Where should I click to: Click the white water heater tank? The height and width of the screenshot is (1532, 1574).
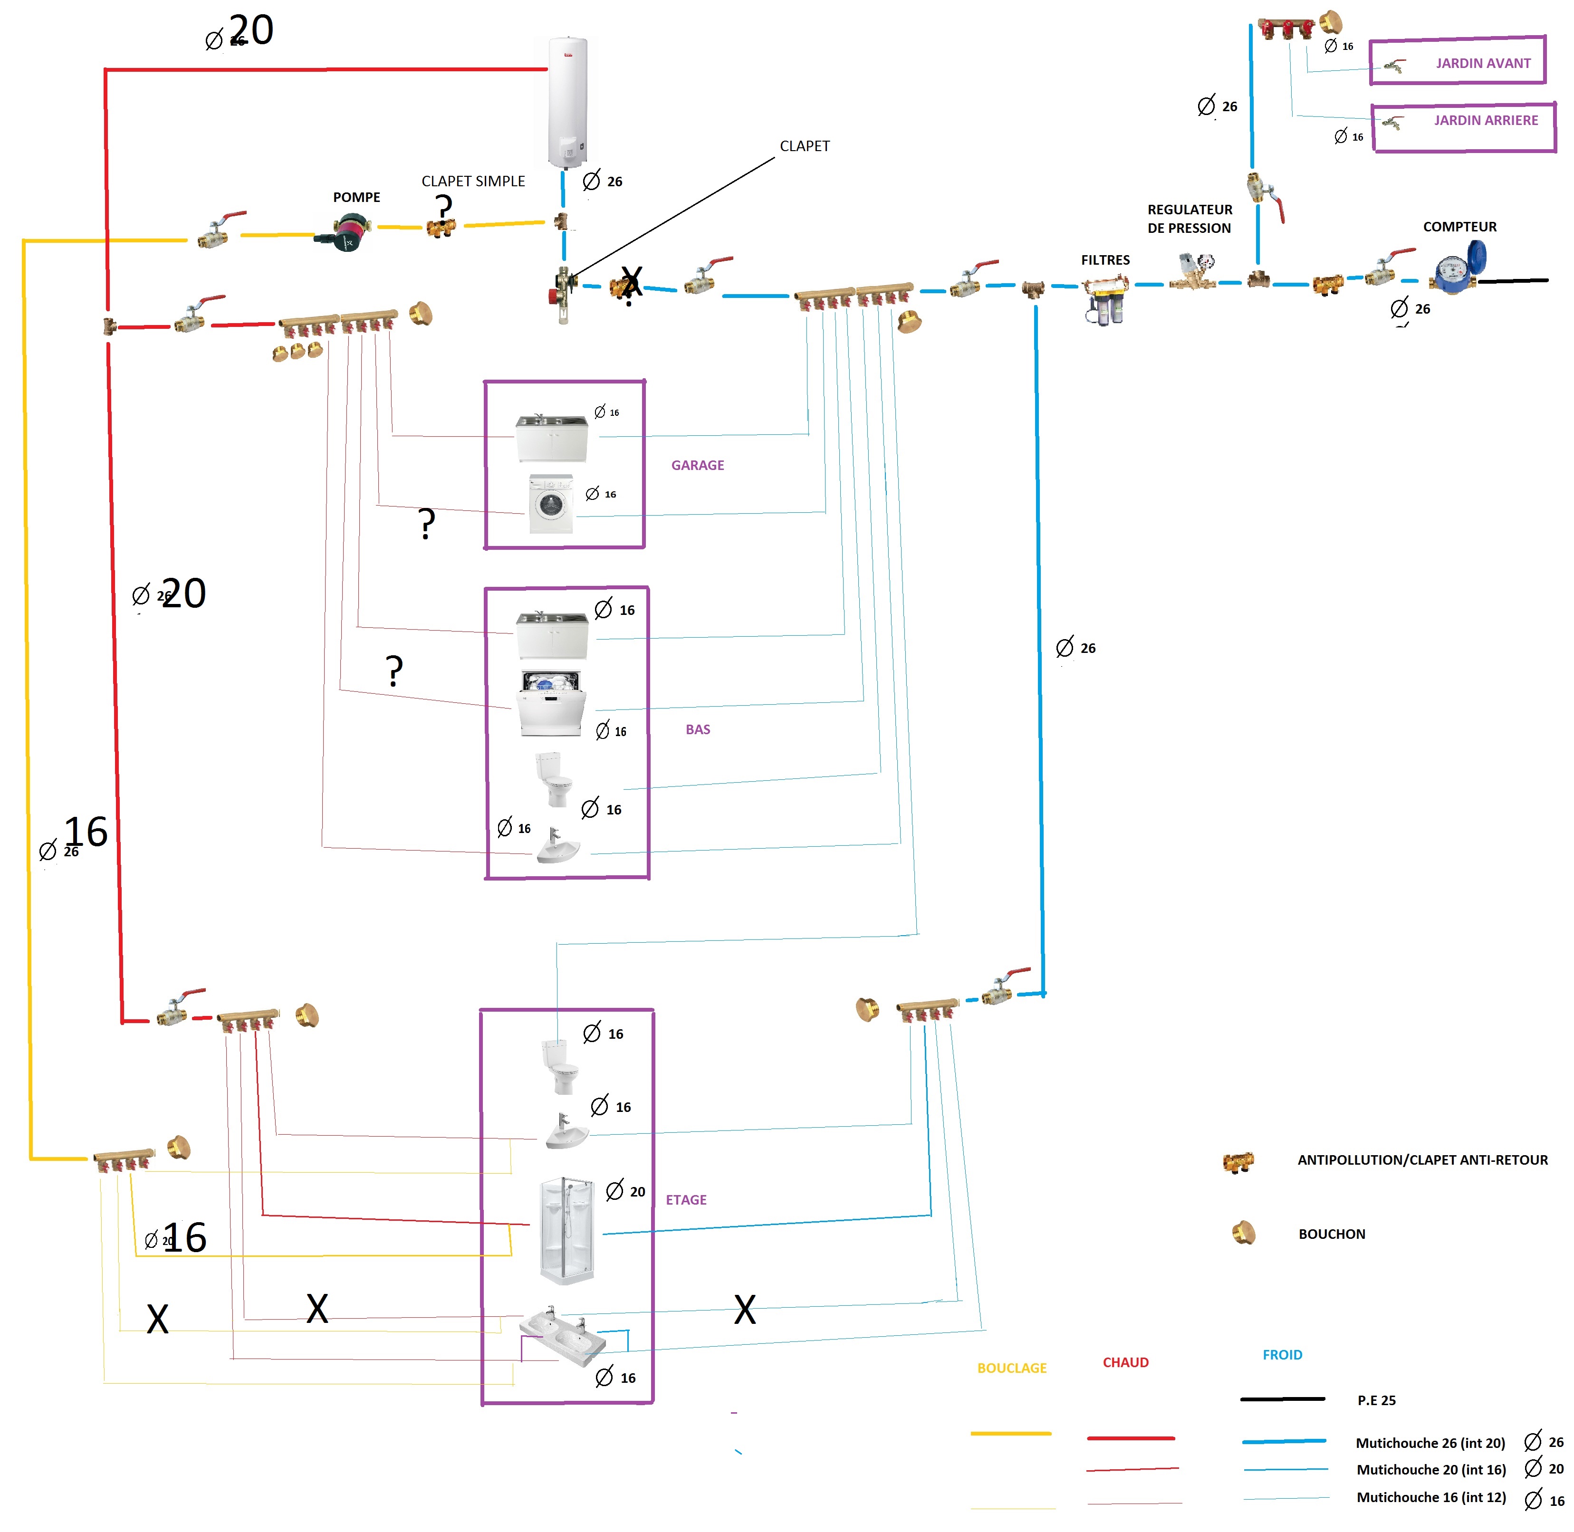coord(567,102)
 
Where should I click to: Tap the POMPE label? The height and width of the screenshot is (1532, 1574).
coord(356,197)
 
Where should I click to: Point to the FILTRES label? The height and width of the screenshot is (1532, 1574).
coord(1105,260)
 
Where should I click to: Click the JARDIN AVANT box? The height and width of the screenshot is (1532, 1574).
coord(1457,61)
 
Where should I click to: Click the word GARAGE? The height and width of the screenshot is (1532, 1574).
coord(698,465)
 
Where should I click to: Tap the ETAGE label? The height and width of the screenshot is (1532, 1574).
coord(686,1200)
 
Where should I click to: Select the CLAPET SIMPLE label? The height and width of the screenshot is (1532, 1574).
coord(473,181)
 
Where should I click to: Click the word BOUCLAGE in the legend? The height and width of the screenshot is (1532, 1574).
coord(1011,1368)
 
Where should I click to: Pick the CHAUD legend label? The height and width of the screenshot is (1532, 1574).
coord(1125,1362)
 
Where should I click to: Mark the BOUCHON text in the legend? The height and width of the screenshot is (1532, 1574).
coord(1331,1234)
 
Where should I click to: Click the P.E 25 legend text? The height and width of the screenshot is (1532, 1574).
coord(1376,1400)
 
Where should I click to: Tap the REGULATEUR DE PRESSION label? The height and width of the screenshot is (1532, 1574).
coord(1190,219)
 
